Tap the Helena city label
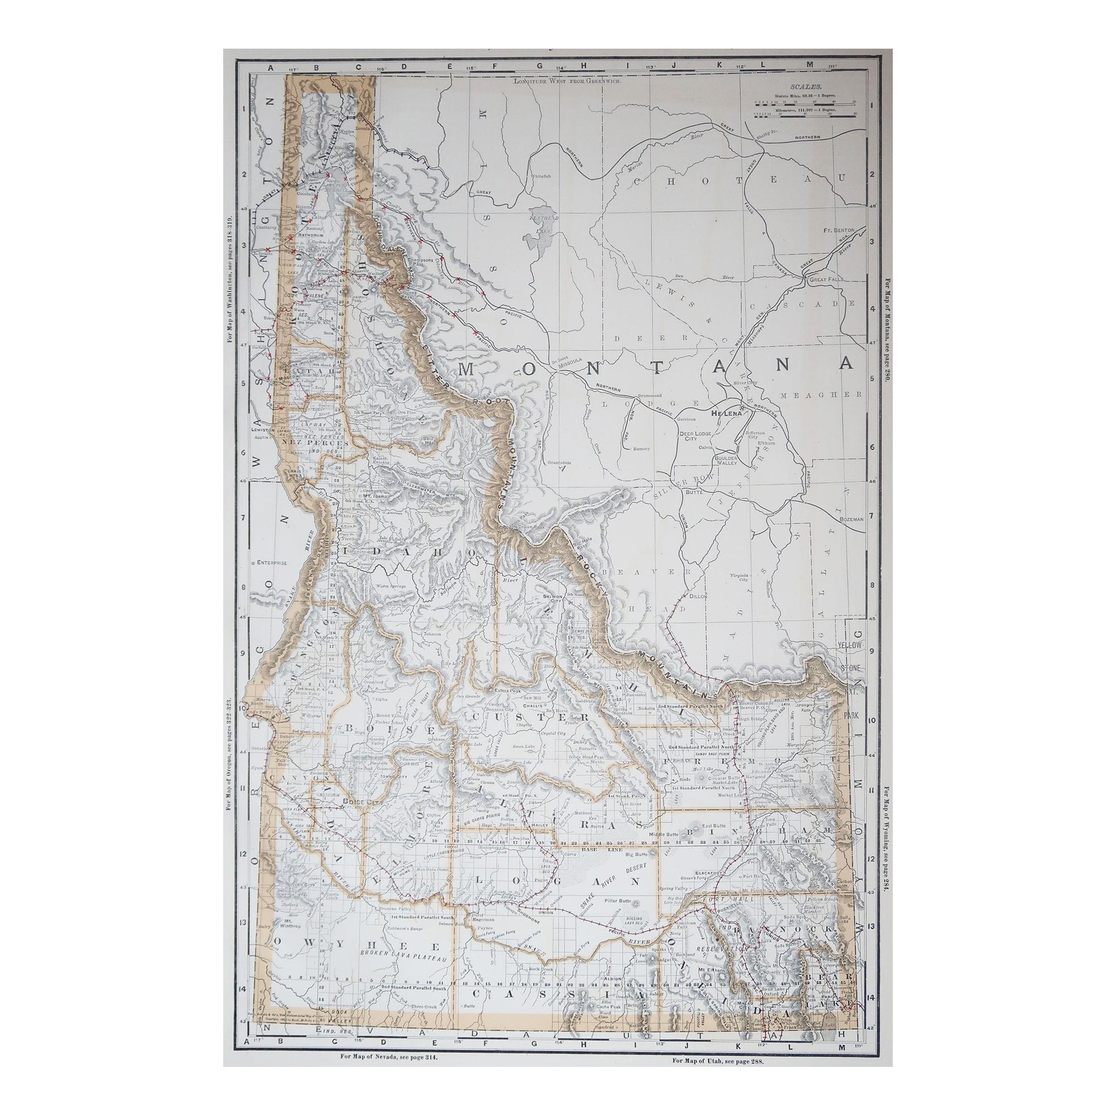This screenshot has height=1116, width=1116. (725, 414)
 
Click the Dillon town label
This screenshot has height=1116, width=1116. (698, 596)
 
